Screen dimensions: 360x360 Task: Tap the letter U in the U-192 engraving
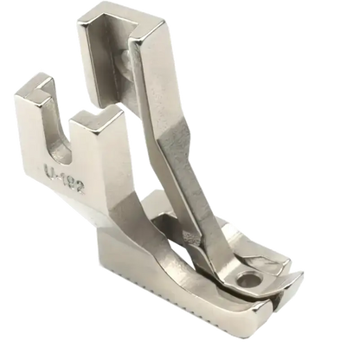tap(48, 170)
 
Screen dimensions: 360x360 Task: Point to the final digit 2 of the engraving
tap(80, 189)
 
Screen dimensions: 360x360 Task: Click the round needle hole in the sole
tap(244, 279)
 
